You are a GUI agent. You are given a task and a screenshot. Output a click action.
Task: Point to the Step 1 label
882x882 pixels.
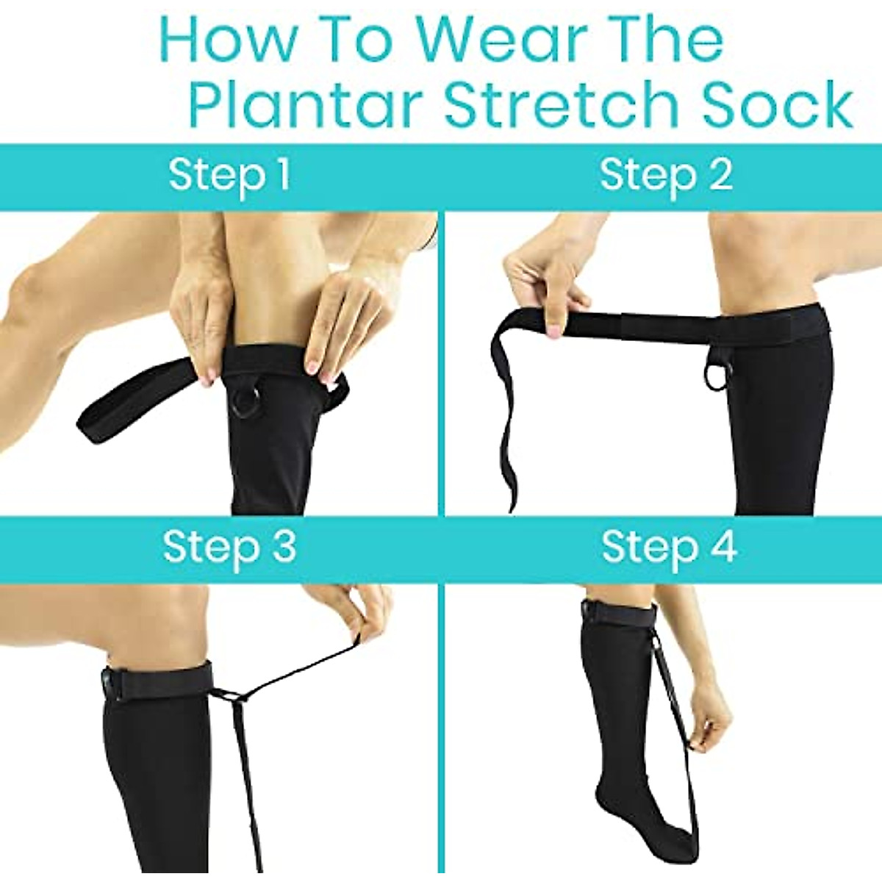pos(229,176)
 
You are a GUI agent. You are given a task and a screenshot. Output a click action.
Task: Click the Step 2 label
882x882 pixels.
pos(666,176)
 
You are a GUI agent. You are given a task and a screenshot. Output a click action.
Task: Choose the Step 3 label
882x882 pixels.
pos(229,548)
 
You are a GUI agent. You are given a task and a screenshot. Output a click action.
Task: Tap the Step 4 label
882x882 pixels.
pos(668,548)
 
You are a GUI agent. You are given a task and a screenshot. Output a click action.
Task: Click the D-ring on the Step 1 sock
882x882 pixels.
pos(243,403)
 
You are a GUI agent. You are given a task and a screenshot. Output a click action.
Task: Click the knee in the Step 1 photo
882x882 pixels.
pos(33,283)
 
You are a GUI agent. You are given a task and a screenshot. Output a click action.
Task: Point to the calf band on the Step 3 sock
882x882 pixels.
pos(158,680)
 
